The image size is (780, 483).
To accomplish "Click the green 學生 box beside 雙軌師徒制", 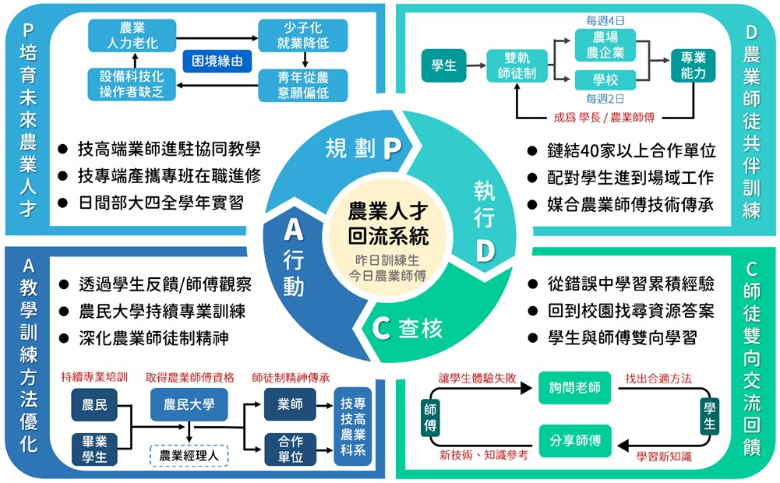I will coord(443,66).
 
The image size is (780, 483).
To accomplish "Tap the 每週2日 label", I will coord(605,99).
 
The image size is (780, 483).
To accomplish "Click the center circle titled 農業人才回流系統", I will coord(387,234).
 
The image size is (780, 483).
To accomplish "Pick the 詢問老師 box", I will coord(575,388).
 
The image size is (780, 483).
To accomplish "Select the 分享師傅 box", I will coord(575,441).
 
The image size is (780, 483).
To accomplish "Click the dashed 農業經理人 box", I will coord(189,455).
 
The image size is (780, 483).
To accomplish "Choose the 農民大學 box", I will coord(189,404).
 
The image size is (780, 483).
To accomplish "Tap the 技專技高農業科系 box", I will coord(353,428).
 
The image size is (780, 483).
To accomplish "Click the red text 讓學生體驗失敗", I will coord(478,378).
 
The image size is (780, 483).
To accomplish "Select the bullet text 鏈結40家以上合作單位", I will coord(631,150).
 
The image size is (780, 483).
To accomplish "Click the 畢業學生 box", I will coord(94,450).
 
